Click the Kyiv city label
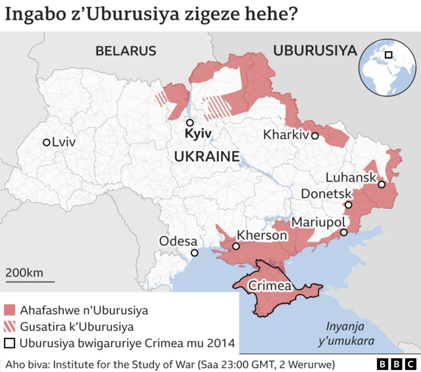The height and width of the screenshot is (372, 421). click(x=198, y=133)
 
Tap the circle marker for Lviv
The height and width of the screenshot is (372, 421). click(x=46, y=142)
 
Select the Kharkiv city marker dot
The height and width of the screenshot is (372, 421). click(x=315, y=136)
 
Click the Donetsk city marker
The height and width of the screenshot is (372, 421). click(x=349, y=205)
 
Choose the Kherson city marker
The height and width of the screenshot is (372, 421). click(x=235, y=246)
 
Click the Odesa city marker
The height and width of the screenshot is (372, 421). click(x=194, y=253)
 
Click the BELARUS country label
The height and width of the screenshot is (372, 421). click(x=126, y=51)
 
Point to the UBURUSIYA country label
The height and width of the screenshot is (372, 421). click(x=314, y=51)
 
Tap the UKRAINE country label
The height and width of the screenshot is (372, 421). click(x=206, y=156)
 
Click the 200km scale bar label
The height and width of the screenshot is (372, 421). click(x=24, y=273)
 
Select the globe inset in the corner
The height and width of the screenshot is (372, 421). click(x=386, y=58)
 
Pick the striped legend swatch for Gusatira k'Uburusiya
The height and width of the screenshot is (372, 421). click(x=10, y=327)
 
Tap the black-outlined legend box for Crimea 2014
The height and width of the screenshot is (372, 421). click(x=10, y=343)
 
